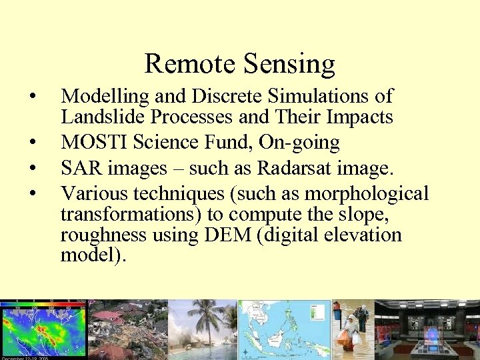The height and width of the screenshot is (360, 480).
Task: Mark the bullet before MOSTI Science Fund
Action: [x=32, y=143]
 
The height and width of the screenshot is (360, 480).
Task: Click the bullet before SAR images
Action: [x=32, y=167]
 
